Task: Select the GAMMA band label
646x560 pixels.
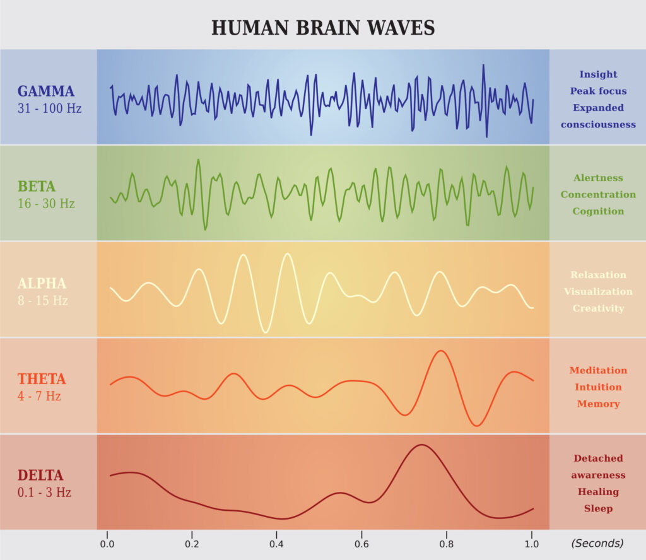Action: click(x=46, y=91)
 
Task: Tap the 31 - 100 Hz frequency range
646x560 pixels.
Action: click(x=50, y=108)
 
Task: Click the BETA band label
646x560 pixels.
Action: click(x=37, y=187)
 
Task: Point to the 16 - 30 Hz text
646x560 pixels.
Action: click(x=46, y=204)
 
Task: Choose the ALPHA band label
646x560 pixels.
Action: click(x=42, y=283)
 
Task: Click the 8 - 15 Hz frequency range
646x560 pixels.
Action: click(x=43, y=300)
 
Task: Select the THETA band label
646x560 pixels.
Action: click(x=42, y=379)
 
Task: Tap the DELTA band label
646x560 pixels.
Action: click(x=40, y=475)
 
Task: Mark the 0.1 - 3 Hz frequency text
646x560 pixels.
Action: click(x=44, y=493)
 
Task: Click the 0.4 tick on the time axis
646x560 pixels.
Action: click(x=276, y=544)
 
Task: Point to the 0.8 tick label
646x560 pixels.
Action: click(x=447, y=544)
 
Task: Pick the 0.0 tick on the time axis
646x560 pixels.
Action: click(x=107, y=544)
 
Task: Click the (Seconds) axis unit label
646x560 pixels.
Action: click(x=597, y=543)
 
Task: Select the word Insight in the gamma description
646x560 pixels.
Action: click(x=598, y=74)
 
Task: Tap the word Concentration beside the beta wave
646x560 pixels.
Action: click(x=598, y=194)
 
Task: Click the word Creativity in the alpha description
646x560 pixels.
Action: click(x=598, y=308)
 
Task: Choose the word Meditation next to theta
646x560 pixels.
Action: click(x=598, y=370)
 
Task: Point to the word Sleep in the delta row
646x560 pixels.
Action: click(x=598, y=508)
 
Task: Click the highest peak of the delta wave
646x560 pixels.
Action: click(x=421, y=445)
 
